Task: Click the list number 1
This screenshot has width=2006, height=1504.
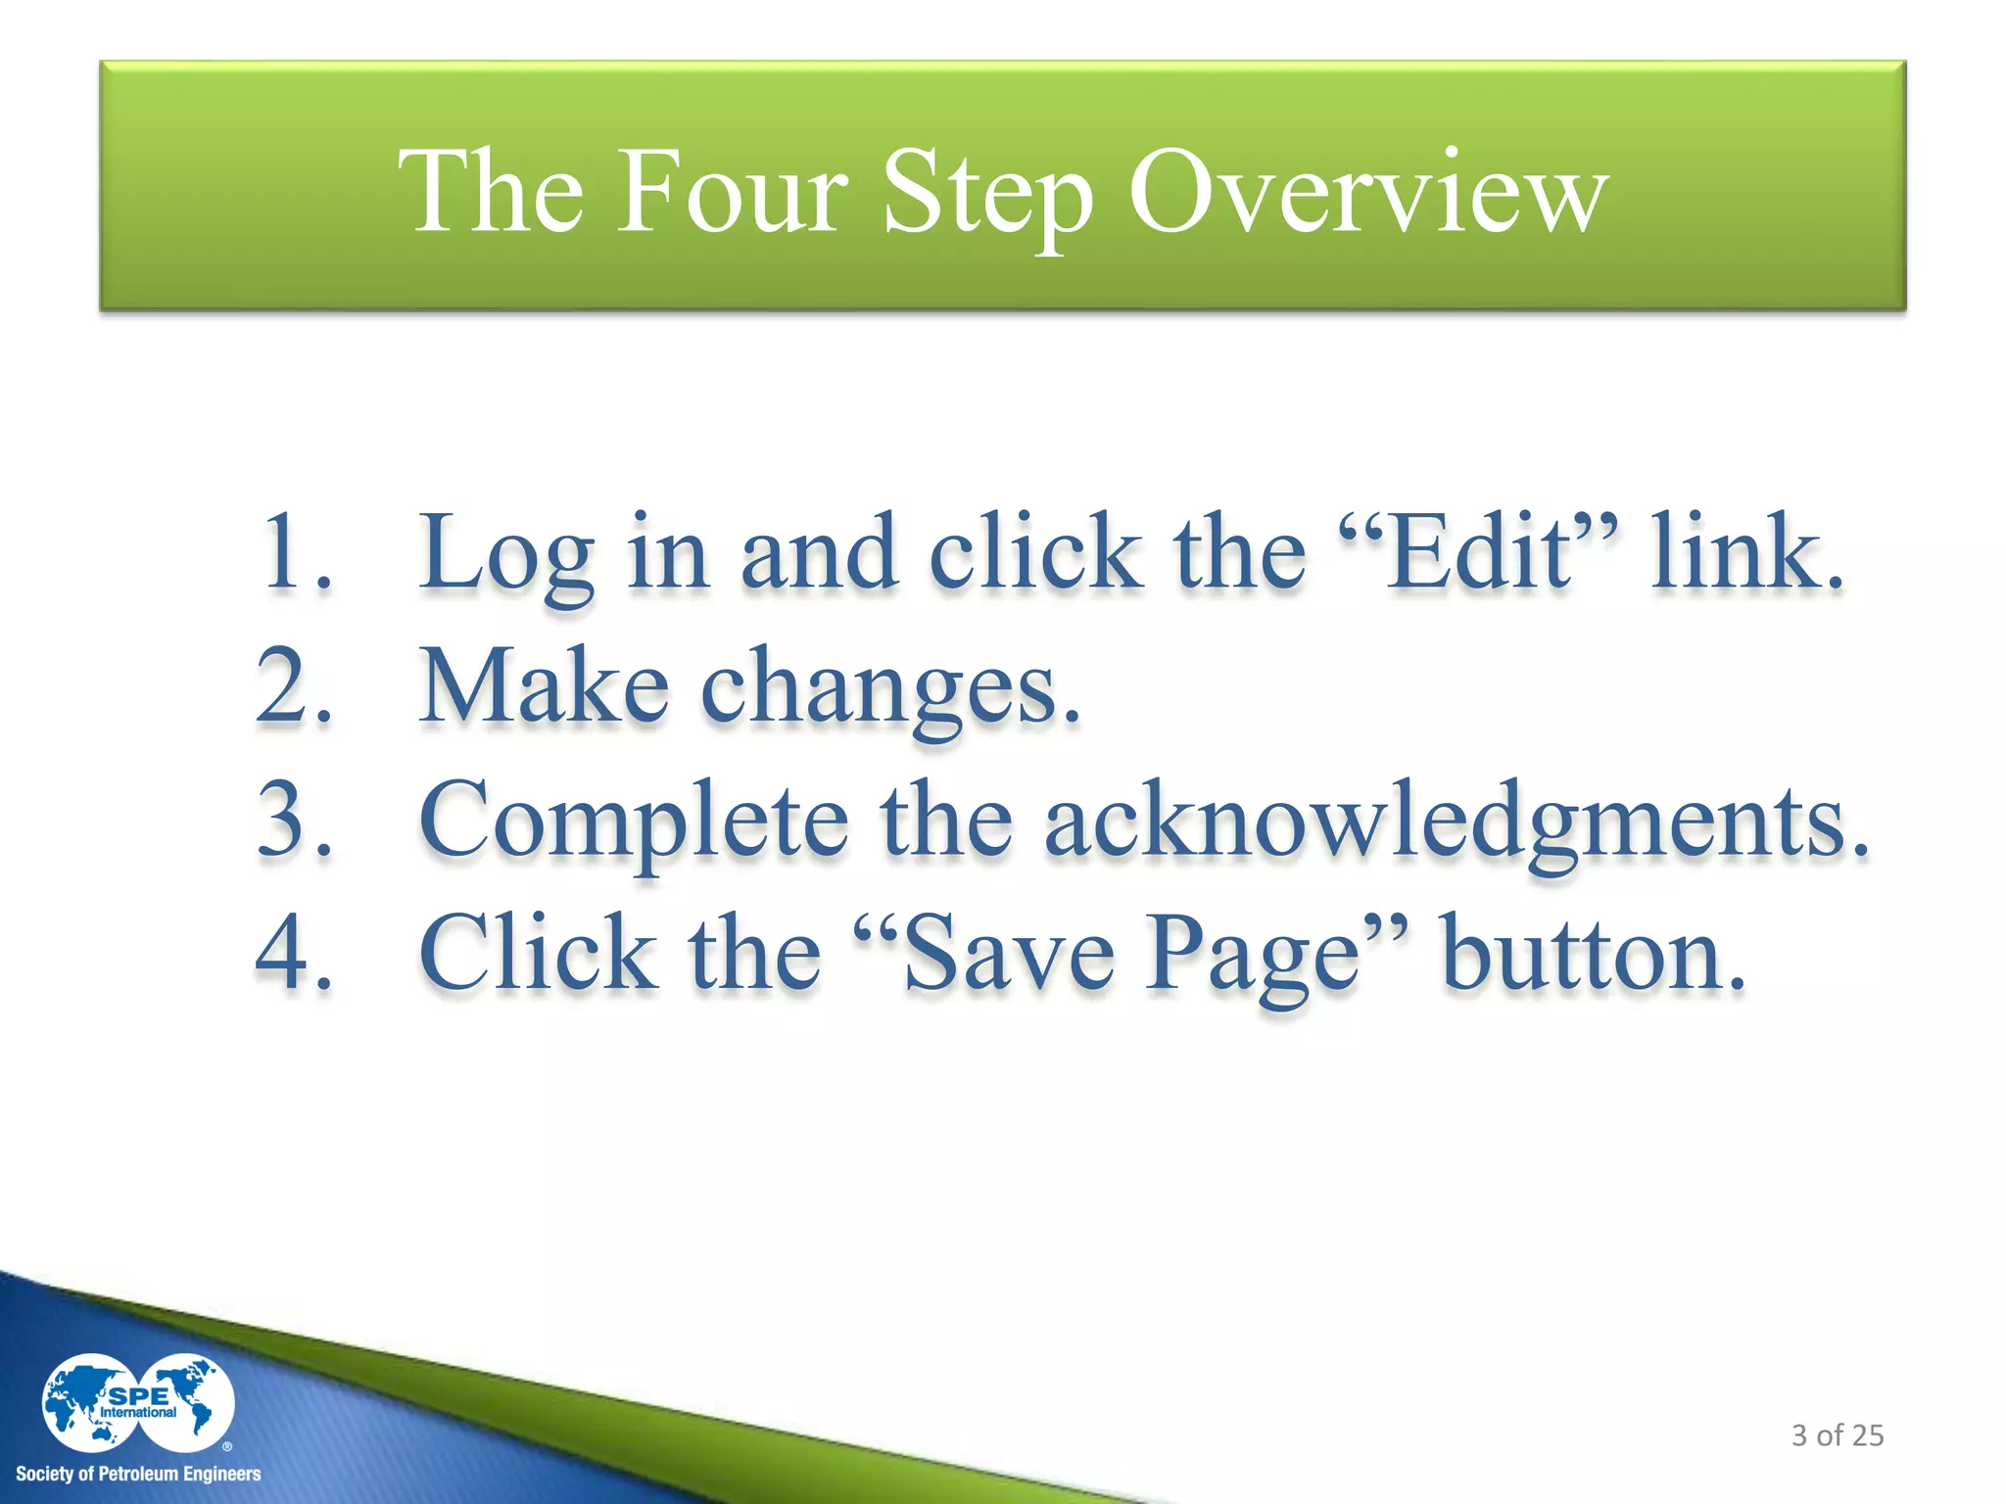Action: pyautogui.click(x=295, y=552)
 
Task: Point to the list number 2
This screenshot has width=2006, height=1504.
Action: pyautogui.click(x=295, y=686)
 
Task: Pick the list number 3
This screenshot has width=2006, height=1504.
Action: pyautogui.click(x=295, y=820)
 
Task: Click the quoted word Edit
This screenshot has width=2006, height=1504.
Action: pyautogui.click(x=1482, y=552)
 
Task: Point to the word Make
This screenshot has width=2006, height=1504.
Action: pyautogui.click(x=545, y=686)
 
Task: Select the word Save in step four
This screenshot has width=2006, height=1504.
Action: pyautogui.click(x=1008, y=955)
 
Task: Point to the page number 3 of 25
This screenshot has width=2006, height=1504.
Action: pyautogui.click(x=1838, y=1435)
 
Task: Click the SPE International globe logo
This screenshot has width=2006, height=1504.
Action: pyautogui.click(x=138, y=1403)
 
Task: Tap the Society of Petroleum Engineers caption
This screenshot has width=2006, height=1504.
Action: pyautogui.click(x=138, y=1474)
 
